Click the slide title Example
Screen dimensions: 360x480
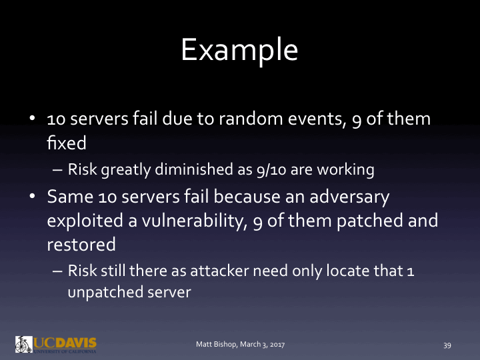pyautogui.click(x=239, y=49)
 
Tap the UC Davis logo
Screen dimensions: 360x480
pyautogui.click(x=56, y=344)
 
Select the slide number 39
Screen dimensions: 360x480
pyautogui.click(x=447, y=345)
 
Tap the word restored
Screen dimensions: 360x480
pyautogui.click(x=81, y=243)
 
